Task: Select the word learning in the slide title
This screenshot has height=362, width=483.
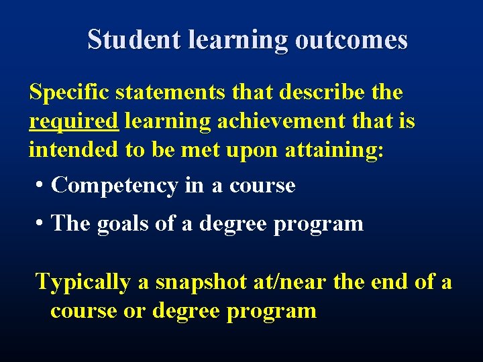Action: coord(239,40)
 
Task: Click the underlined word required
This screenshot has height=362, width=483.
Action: coord(74,122)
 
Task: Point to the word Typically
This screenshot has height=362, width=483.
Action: coord(83,282)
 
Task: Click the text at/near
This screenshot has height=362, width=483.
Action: coord(290,282)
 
